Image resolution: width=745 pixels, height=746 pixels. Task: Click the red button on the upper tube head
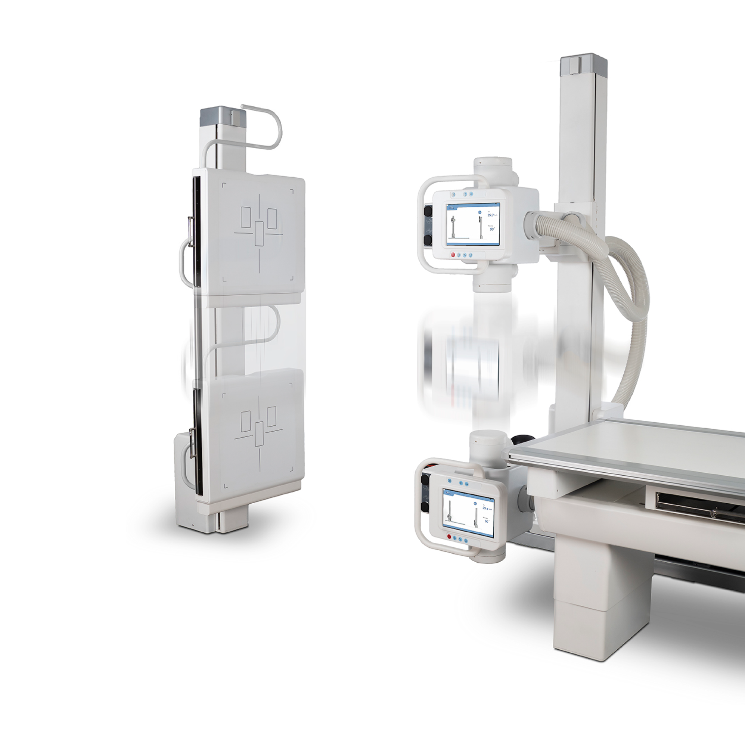click(453, 255)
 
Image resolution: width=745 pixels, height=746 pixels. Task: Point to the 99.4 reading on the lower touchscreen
click(485, 509)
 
